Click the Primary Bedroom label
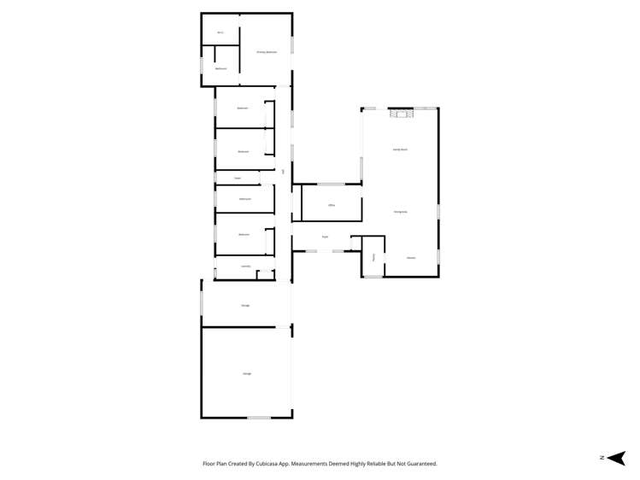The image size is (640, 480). pyautogui.click(x=267, y=52)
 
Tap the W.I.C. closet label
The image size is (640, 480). pyautogui.click(x=220, y=32)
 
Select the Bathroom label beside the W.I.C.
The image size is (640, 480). pyautogui.click(x=220, y=68)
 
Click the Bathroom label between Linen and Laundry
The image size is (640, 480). pyautogui.click(x=244, y=198)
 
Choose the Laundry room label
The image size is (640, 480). pyautogui.click(x=245, y=266)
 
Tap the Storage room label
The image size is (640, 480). pyautogui.click(x=245, y=304)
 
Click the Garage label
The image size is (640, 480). pyautogui.click(x=247, y=373)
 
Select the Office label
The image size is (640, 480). pyautogui.click(x=330, y=205)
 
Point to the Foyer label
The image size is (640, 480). pyautogui.click(x=326, y=237)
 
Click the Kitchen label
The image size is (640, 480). pyautogui.click(x=411, y=257)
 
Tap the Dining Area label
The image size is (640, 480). pyautogui.click(x=400, y=211)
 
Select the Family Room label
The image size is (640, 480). pyautogui.click(x=400, y=149)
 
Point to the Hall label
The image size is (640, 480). pyautogui.click(x=283, y=172)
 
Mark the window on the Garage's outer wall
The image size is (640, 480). pyautogui.click(x=259, y=417)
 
